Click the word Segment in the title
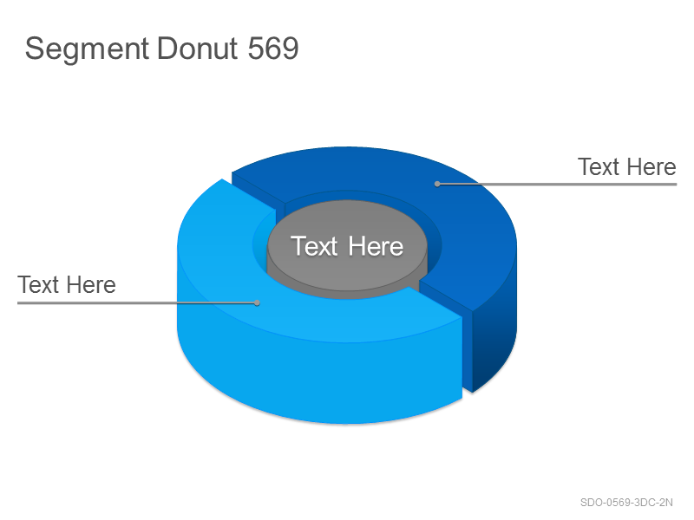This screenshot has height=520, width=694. [x=87, y=49]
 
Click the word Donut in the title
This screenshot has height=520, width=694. [x=198, y=48]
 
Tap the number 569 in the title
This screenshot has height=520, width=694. [x=273, y=48]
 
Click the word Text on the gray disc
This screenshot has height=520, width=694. [x=314, y=246]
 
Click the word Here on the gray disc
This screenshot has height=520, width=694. [x=376, y=246]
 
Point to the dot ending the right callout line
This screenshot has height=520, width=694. [x=437, y=184]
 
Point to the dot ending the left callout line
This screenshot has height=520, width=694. [x=257, y=302]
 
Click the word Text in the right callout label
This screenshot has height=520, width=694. [x=599, y=166]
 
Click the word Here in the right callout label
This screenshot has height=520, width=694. [x=651, y=166]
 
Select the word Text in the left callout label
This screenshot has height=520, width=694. [x=38, y=284]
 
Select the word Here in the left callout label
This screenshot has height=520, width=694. [x=91, y=284]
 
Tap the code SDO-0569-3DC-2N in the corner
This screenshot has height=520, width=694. [x=626, y=503]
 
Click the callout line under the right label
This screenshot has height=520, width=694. [x=557, y=184]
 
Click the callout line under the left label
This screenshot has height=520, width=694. [x=137, y=302]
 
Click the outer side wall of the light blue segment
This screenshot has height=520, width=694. [x=318, y=380]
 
